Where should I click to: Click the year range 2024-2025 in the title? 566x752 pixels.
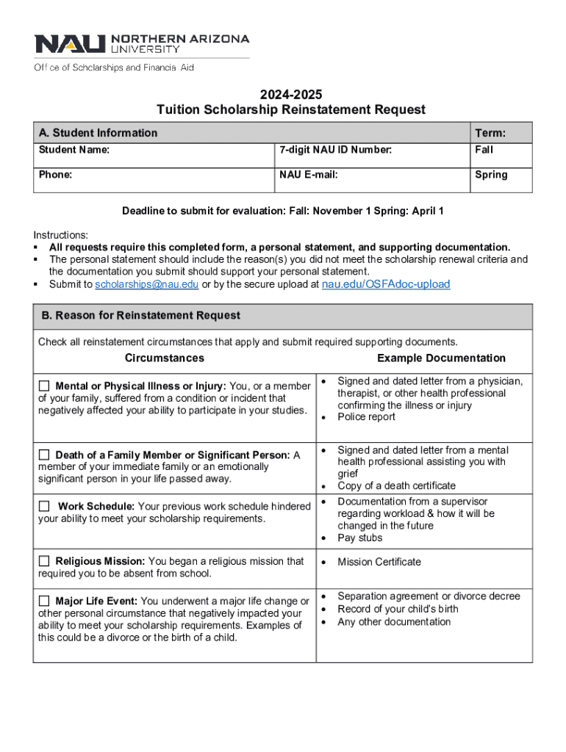tap(290, 95)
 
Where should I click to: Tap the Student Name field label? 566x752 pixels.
tap(74, 150)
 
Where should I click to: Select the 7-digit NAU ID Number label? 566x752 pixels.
tap(335, 150)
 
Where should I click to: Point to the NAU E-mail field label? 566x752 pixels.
tap(308, 175)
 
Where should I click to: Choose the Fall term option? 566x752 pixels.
tap(484, 150)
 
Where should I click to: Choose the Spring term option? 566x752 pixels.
tap(490, 175)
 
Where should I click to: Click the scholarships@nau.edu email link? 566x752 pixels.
tap(147, 284)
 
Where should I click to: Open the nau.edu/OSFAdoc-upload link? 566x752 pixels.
tap(386, 284)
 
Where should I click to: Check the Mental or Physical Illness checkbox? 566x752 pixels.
tap(44, 386)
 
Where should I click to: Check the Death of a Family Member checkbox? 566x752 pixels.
tap(44, 455)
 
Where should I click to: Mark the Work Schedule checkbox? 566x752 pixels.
tap(44, 506)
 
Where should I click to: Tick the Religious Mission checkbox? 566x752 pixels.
tap(44, 561)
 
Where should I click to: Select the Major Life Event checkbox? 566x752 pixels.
tap(44, 601)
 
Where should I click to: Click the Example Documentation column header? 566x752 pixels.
tap(441, 358)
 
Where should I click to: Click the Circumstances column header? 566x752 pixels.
tap(165, 358)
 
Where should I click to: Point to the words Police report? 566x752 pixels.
tap(366, 417)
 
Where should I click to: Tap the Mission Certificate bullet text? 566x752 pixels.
tap(379, 562)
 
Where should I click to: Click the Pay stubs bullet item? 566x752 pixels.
tap(359, 538)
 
